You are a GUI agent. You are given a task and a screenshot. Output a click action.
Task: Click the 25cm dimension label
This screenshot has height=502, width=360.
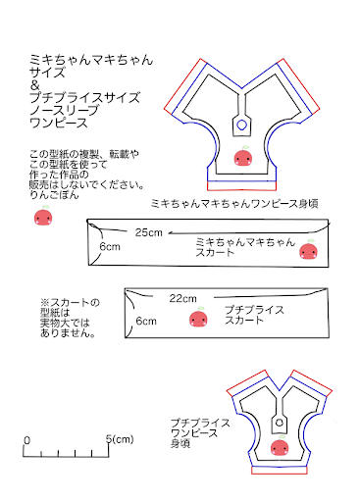pos(149,232)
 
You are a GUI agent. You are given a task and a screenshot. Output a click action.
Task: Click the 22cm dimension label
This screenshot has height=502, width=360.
pos(183,297)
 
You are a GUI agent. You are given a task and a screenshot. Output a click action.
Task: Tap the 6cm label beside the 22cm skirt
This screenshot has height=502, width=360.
pos(145,321)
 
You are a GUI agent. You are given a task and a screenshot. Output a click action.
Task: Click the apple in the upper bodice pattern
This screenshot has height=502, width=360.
pos(242,157)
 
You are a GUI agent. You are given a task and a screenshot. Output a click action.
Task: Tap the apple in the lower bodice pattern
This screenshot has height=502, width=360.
pos(279,448)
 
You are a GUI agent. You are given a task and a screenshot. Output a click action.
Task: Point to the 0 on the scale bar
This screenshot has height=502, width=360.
pos(26,440)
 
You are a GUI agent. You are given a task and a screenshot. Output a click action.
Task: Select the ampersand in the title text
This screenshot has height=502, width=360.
pos(35,85)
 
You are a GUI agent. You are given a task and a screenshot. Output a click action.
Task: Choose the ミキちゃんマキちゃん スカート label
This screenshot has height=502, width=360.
pos(244,246)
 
